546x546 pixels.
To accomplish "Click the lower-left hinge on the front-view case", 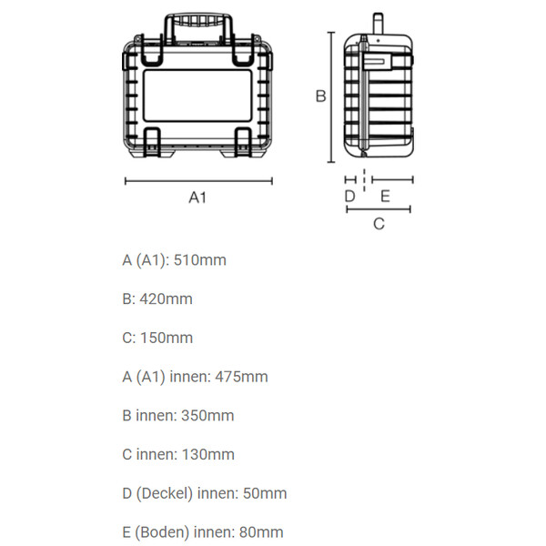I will point(152,140).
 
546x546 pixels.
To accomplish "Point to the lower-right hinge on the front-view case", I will point(245,140).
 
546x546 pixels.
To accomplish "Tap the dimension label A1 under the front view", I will point(197,197).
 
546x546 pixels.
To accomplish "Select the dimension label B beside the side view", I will point(320,96).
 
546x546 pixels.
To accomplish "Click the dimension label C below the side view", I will point(379,223).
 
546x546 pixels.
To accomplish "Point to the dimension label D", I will point(349,195).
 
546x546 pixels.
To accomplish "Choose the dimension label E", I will point(385,195).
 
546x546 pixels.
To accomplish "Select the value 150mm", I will point(167,338).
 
